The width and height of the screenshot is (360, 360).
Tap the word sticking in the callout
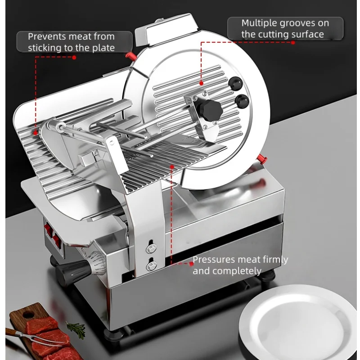(50, 48)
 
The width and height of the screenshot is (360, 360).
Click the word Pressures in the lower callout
(214, 260)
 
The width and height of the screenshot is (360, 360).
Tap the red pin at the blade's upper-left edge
(130, 56)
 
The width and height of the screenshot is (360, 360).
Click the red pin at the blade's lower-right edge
(261, 157)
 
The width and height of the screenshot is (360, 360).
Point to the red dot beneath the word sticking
(74, 57)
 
